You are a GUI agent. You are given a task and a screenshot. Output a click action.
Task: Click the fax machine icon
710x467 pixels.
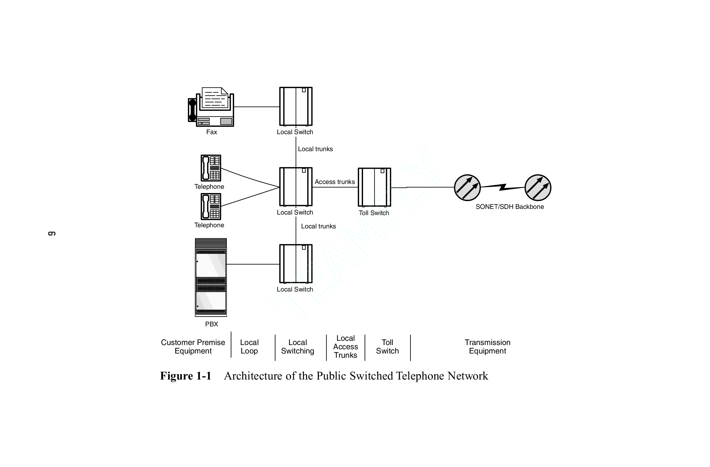click(211, 107)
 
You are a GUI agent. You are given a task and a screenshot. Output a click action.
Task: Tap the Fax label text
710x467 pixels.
click(212, 132)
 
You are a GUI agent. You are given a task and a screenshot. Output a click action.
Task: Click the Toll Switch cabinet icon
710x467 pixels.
click(374, 187)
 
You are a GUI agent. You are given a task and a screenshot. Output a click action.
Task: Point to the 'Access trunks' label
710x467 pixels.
click(335, 182)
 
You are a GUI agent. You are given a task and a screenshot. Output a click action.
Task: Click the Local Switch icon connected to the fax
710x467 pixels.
click(296, 106)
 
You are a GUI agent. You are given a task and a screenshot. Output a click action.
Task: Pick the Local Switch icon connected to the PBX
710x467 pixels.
click(296, 264)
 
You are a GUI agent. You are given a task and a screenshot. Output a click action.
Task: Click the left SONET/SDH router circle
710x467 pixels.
click(467, 188)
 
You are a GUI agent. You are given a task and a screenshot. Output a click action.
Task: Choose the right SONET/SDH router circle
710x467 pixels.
click(538, 188)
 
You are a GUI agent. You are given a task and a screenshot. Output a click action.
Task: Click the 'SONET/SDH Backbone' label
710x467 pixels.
click(509, 207)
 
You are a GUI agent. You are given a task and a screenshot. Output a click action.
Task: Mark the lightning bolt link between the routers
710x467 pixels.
click(503, 187)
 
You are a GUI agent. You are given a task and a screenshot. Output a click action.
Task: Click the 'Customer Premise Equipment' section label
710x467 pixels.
click(193, 347)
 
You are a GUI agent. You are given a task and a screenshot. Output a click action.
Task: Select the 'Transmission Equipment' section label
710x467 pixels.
click(487, 347)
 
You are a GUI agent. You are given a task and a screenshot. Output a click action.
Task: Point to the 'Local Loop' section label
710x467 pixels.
click(249, 347)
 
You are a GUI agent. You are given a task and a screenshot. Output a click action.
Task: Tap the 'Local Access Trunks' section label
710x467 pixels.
click(346, 347)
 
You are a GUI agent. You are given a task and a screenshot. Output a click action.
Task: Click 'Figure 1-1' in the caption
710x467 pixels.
click(186, 376)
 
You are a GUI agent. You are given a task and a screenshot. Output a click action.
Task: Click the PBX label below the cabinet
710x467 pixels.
click(212, 324)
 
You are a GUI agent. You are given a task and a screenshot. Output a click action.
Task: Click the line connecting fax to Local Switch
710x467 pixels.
click(257, 107)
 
